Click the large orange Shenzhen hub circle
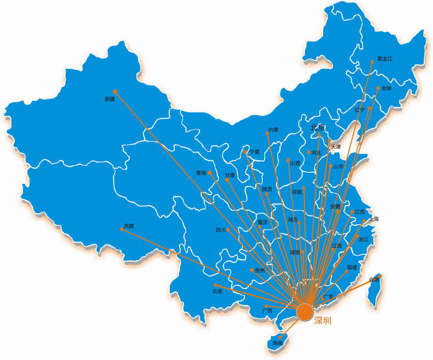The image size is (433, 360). [x=305, y=312]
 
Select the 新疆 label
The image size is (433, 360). [x=110, y=99]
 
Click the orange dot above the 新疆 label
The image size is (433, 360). [x=115, y=91]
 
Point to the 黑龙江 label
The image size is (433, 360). [x=385, y=59]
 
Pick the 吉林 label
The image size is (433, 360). [x=386, y=88]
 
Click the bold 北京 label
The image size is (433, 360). [x=318, y=128]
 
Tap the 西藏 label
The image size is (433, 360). [x=128, y=226]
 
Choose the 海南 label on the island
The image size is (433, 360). [x=278, y=343]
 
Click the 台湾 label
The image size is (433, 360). [x=375, y=280]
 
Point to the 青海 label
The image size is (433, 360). [x=200, y=173]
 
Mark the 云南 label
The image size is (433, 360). [x=217, y=292]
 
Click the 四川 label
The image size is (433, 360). [x=221, y=230]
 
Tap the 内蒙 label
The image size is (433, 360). [x=273, y=130]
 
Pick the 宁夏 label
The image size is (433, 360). [x=254, y=152]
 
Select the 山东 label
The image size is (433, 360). [x=338, y=166]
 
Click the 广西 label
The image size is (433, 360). [x=267, y=311]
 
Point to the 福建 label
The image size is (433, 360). [x=352, y=268]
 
